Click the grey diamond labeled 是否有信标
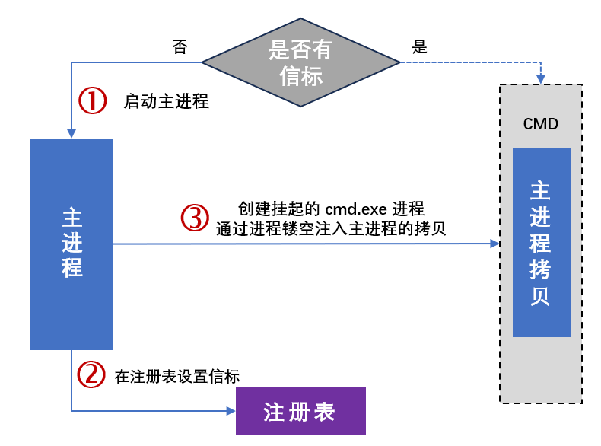pyautogui.click(x=300, y=62)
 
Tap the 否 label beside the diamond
pyautogui.click(x=180, y=47)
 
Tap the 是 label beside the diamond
pyautogui.click(x=419, y=46)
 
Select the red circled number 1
pyautogui.click(x=93, y=100)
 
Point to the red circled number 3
pyautogui.click(x=195, y=218)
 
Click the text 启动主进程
pyautogui.click(x=166, y=101)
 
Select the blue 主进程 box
pyautogui.click(x=72, y=244)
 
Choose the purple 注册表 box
pyautogui.click(x=300, y=411)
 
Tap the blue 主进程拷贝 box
pyautogui.click(x=541, y=242)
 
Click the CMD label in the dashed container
pyautogui.click(x=541, y=123)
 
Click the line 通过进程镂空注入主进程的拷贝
pyautogui.click(x=331, y=227)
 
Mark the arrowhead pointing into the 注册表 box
pyautogui.click(x=231, y=411)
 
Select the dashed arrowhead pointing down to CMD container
pyautogui.click(x=541, y=79)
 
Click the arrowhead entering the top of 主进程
pyautogui.click(x=72, y=133)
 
